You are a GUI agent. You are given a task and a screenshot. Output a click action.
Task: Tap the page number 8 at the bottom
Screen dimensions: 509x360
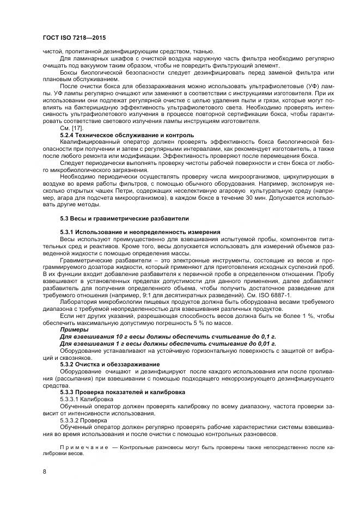(x=44, y=471)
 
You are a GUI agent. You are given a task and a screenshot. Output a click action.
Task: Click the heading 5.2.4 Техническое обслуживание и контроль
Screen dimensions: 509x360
(x=126, y=134)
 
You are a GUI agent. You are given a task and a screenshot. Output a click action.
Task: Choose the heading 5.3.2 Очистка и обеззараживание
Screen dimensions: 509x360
(x=109, y=364)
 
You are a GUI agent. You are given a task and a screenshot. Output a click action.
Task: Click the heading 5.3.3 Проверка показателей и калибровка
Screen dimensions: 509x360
(x=123, y=392)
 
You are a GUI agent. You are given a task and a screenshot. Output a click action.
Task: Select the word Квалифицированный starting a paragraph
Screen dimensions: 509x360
(x=91, y=142)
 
